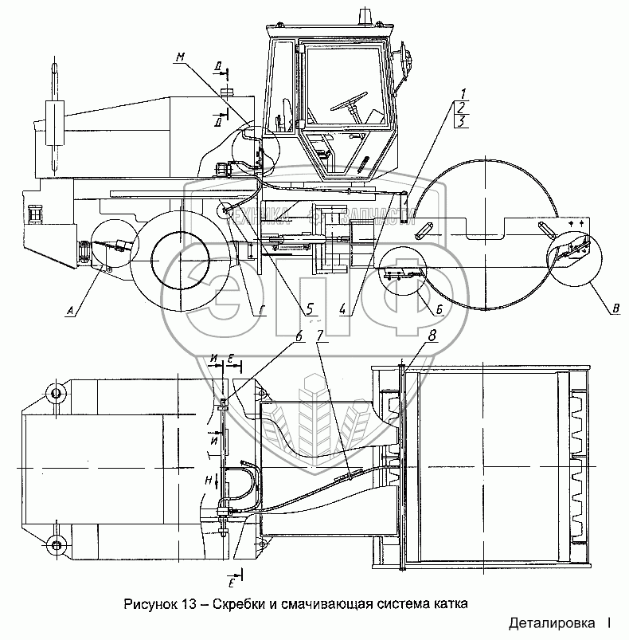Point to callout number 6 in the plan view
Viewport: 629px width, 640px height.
pyautogui.click(x=299, y=336)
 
